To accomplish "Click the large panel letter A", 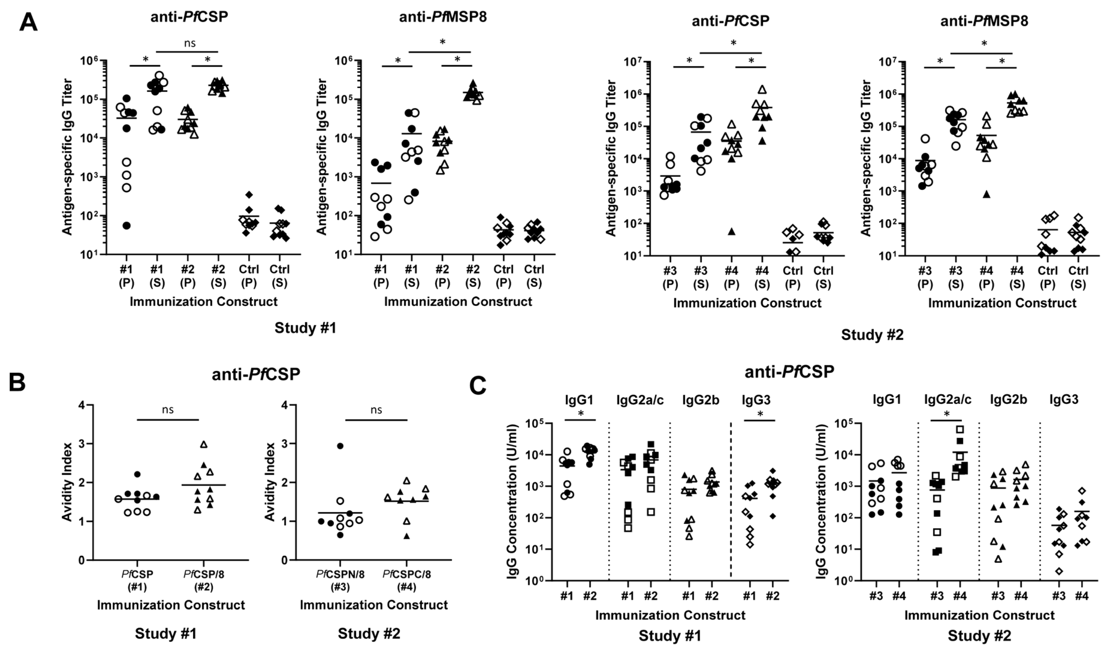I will click(28, 22).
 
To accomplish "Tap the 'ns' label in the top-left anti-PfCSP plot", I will click(189, 43).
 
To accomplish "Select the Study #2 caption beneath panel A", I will click(872, 335).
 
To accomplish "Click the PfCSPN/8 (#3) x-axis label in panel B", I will click(340, 580).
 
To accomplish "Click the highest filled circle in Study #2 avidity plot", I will click(340, 446).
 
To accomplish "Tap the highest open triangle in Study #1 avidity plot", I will click(203, 444).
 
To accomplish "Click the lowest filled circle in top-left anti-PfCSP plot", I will click(127, 226).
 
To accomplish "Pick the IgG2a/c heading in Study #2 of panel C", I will click(947, 400).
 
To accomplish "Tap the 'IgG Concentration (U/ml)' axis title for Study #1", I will click(513, 501).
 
